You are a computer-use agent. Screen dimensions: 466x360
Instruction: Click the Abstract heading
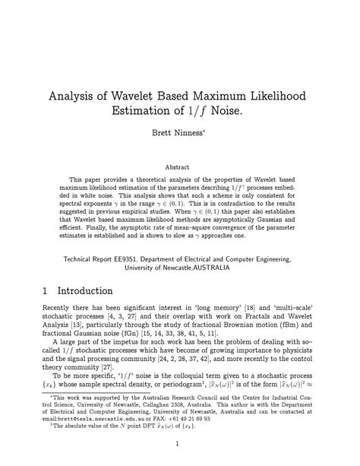click(179, 164)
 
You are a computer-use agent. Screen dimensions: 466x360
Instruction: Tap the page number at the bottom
click(180, 444)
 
